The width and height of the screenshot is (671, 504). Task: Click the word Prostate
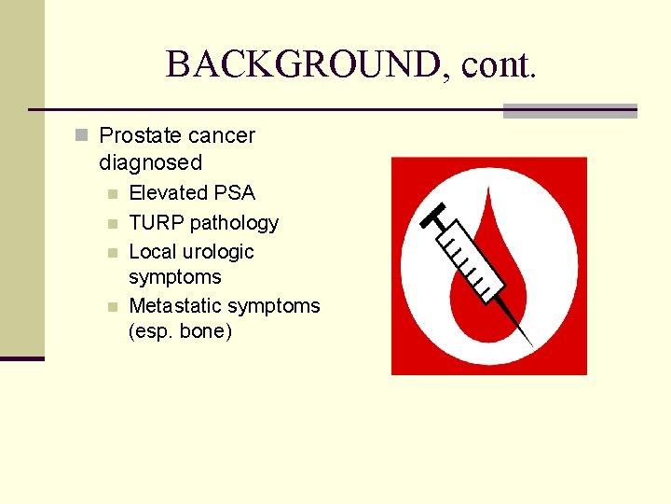141,136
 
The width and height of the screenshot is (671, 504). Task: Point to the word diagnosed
150,162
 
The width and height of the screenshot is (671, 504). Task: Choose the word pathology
235,223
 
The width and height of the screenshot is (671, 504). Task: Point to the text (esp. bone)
180,331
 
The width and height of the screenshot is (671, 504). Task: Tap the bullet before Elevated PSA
112,194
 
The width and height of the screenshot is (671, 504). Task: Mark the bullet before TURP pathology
112,224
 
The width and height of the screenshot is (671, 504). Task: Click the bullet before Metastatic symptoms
112,307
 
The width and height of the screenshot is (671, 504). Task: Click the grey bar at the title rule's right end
569,110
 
